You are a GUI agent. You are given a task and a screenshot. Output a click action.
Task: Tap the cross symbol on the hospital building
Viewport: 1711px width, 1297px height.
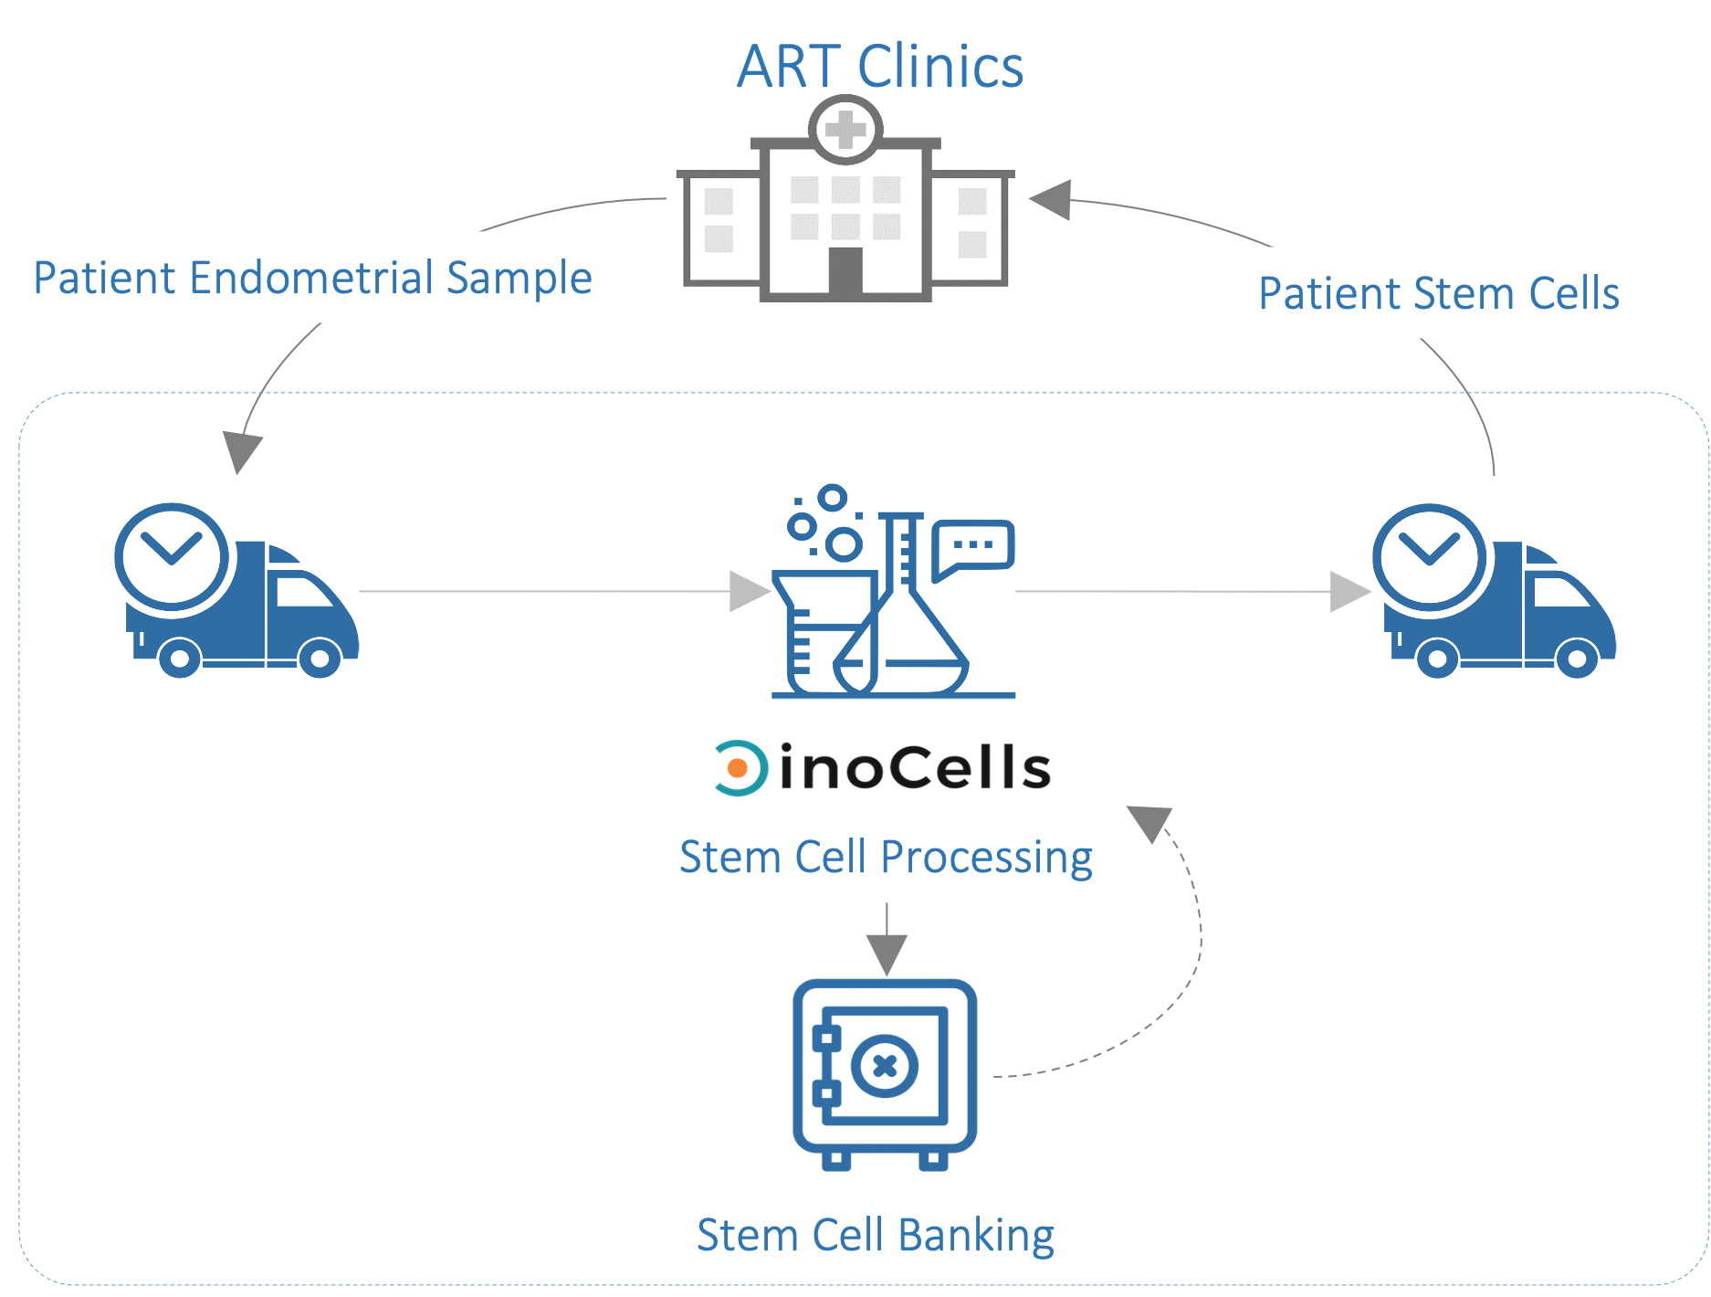(845, 130)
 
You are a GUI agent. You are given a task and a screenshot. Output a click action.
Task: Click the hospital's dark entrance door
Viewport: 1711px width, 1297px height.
(845, 270)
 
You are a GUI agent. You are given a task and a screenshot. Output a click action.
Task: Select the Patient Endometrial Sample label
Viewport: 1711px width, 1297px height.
(312, 278)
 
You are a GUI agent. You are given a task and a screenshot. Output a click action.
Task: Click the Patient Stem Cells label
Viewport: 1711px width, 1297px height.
(1439, 293)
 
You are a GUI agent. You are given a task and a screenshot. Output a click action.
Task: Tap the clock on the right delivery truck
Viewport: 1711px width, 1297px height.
(1430, 556)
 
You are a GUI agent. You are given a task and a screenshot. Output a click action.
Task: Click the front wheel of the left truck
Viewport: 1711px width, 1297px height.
(320, 658)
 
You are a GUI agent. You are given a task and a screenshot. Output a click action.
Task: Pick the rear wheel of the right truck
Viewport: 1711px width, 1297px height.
(1437, 658)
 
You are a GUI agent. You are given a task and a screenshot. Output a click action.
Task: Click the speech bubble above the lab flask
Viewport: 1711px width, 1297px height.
(973, 546)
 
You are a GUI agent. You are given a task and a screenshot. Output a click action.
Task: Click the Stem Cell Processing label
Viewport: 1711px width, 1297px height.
(886, 857)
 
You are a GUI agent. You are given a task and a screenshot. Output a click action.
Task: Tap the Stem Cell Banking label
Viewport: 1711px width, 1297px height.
(875, 1235)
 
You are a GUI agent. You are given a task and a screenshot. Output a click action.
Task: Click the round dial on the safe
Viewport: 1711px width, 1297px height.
(884, 1065)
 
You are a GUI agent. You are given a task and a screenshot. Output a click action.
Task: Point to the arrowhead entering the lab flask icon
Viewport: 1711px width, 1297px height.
(751, 592)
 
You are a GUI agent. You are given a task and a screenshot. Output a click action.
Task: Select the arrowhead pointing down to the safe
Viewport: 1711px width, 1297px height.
(887, 954)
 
